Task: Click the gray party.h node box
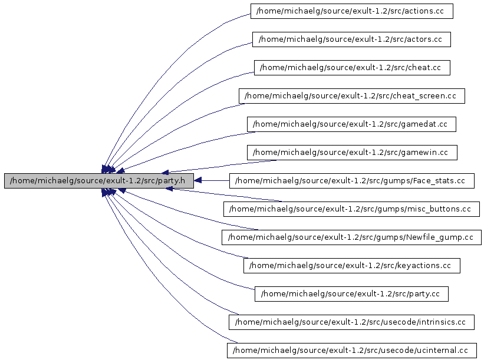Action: (99, 181)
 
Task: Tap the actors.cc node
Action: (351, 39)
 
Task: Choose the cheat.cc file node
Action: (351, 68)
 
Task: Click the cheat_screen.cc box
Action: (351, 96)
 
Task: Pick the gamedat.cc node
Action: (351, 124)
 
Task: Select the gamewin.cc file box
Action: (352, 153)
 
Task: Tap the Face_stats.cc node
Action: (351, 181)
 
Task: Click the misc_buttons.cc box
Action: (351, 209)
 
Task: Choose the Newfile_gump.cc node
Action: (351, 237)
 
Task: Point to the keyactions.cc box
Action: (351, 266)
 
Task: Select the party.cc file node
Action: (351, 294)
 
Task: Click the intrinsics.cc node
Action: (351, 322)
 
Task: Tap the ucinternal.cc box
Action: (351, 351)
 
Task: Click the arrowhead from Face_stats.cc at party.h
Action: (199, 180)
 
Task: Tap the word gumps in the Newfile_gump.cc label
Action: (388, 237)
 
